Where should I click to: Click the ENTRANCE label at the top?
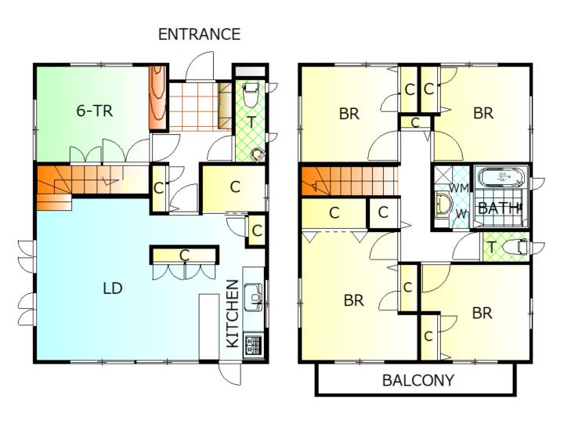pyautogui.click(x=199, y=34)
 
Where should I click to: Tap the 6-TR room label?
pyautogui.click(x=95, y=111)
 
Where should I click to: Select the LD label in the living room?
pyautogui.click(x=113, y=288)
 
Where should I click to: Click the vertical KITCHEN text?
pyautogui.click(x=233, y=314)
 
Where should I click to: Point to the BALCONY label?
pyautogui.click(x=418, y=380)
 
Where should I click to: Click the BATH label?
pyautogui.click(x=498, y=208)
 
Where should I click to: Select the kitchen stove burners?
pyautogui.click(x=253, y=346)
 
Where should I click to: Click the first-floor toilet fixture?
pyautogui.click(x=251, y=95)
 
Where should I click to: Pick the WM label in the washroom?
pyautogui.click(x=458, y=187)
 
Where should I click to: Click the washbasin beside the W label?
pyautogui.click(x=443, y=205)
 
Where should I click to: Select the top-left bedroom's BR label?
pyautogui.click(x=349, y=114)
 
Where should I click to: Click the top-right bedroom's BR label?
pyautogui.click(x=483, y=113)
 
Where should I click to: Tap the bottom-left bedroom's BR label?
pyautogui.click(x=353, y=300)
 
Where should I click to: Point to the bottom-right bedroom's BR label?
pyautogui.click(x=482, y=314)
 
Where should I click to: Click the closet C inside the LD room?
pyautogui.click(x=185, y=256)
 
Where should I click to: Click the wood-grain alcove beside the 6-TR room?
pyautogui.click(x=158, y=97)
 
